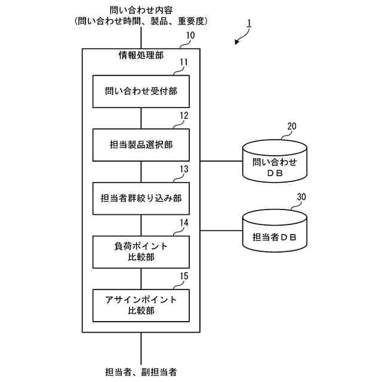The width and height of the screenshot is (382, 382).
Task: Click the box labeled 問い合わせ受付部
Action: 141,91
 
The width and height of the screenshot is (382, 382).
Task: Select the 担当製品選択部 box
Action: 141,145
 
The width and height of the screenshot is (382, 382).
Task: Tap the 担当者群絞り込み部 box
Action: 141,199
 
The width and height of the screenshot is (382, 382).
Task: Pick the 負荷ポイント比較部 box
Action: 141,251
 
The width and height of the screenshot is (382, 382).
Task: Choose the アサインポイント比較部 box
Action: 141,305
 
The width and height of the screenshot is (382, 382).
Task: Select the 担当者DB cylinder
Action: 275,233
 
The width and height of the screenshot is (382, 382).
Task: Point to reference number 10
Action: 189,36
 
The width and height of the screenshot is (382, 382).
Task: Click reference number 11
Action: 184,62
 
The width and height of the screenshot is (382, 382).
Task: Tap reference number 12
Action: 184,116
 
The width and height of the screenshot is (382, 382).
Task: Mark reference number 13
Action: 184,170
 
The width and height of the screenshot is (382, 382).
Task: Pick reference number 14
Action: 184,223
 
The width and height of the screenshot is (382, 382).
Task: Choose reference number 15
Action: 184,276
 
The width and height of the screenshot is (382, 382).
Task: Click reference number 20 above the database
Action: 292,127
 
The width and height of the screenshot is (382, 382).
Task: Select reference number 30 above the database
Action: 301,197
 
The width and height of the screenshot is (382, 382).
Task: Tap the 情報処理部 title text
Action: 141,56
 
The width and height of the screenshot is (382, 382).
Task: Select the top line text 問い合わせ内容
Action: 141,10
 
